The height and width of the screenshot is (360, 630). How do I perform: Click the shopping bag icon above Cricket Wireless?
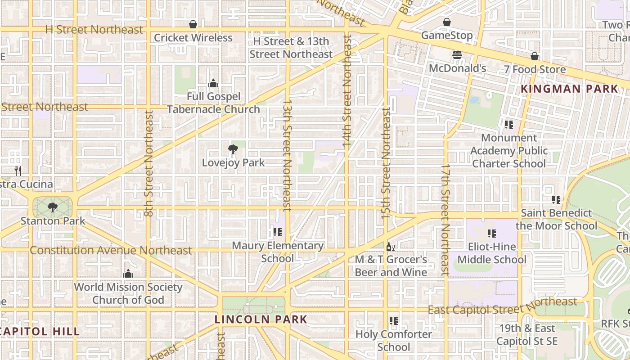click(193, 24)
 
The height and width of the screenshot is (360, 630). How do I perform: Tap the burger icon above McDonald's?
click(458, 55)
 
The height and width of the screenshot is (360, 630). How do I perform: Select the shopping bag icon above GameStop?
click(447, 22)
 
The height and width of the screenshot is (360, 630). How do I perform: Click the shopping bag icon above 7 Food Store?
click(535, 56)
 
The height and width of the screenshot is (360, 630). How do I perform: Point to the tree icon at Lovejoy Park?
click(233, 149)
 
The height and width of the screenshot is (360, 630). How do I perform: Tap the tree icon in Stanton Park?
click(53, 207)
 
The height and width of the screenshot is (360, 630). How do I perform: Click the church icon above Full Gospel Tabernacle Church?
click(213, 83)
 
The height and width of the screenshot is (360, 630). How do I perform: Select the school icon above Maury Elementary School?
click(278, 232)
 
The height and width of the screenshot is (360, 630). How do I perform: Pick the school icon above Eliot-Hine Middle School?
click(492, 234)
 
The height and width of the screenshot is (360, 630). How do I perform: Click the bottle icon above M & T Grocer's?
click(391, 247)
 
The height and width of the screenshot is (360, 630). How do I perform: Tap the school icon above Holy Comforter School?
click(394, 321)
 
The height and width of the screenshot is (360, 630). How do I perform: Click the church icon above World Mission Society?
click(128, 274)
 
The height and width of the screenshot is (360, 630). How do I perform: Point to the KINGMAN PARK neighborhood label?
click(570, 89)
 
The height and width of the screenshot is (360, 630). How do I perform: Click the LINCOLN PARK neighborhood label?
click(261, 319)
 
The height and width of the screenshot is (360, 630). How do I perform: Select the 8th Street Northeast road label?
click(149, 164)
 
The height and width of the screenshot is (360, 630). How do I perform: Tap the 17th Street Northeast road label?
click(445, 220)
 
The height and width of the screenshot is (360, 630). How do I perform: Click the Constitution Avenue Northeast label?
click(111, 250)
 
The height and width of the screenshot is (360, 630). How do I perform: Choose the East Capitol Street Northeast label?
click(502, 306)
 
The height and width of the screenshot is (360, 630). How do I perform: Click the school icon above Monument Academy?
click(509, 124)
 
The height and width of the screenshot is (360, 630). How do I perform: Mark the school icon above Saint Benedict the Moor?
click(556, 199)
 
